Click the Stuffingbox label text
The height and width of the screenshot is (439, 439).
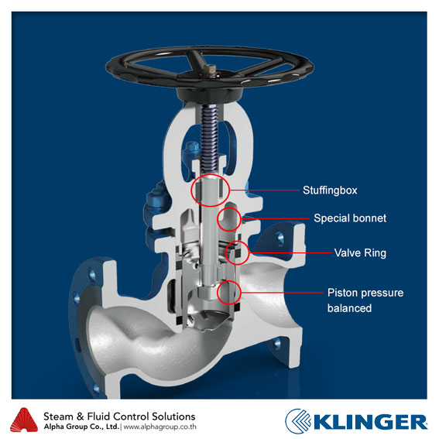coord(330,190)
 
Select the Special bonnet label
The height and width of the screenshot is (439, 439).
coord(350,218)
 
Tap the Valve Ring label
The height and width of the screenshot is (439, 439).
coord(360,253)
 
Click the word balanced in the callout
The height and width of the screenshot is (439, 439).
coord(349,308)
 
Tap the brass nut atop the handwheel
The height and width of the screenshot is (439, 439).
coord(210,69)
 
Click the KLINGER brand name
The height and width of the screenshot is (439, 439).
coord(372,422)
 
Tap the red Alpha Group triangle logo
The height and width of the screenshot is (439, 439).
coord(24,420)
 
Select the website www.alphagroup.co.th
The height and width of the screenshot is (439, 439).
coord(159,427)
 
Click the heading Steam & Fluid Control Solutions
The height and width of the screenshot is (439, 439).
coord(119,417)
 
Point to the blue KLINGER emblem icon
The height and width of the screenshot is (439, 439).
coord(298,421)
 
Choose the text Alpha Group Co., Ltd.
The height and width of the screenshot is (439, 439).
coord(81,427)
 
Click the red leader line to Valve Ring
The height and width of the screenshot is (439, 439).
coord(290,253)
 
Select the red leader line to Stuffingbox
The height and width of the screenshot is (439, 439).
coord(264,190)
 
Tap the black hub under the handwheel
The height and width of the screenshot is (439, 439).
coord(209,95)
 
